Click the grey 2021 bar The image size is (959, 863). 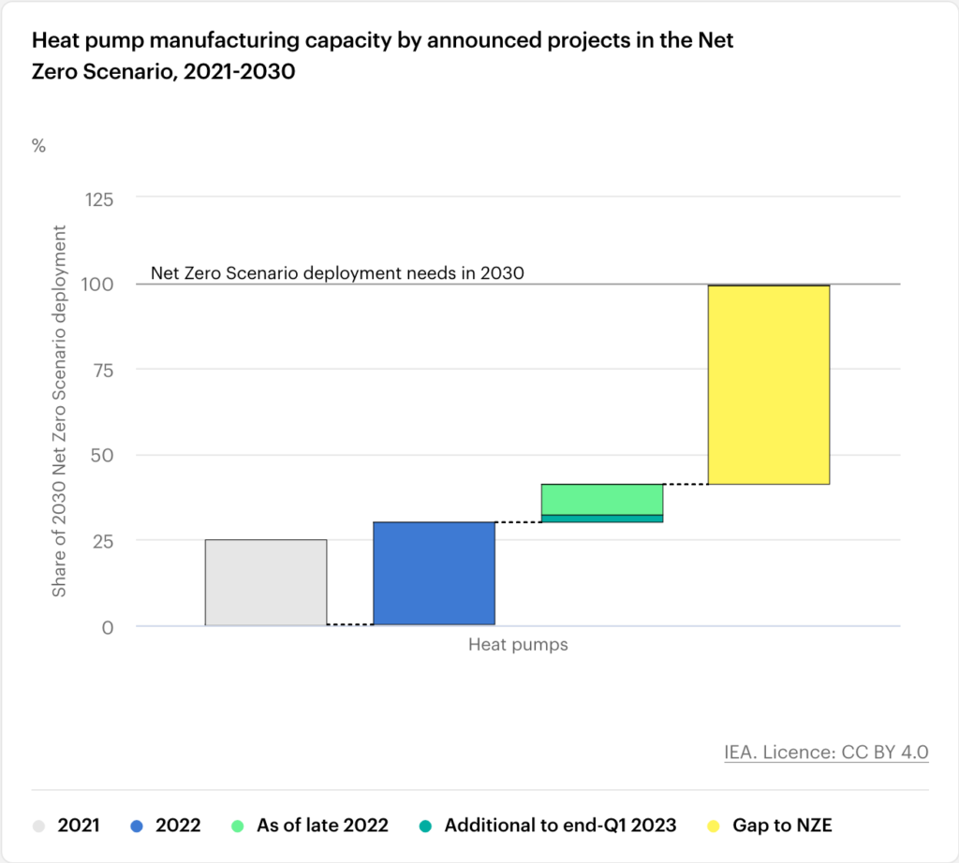point(266,582)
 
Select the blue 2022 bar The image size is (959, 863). point(434,573)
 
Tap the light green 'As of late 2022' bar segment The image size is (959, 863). point(602,499)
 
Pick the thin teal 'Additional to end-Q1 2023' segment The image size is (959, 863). point(602,519)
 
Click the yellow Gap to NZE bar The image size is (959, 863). point(769,385)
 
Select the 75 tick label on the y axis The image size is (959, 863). point(102,370)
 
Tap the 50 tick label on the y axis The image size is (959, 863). point(102,455)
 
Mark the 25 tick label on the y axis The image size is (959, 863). point(102,541)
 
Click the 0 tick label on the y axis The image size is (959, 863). point(108,627)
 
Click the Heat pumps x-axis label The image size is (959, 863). point(518,645)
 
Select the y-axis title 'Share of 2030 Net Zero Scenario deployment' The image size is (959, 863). point(60,411)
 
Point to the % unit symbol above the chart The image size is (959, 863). point(38,146)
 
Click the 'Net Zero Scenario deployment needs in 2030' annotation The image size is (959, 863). point(336,273)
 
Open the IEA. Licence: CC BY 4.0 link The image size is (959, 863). point(826,752)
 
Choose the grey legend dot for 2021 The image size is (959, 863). point(38,826)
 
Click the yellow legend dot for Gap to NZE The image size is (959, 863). point(715,826)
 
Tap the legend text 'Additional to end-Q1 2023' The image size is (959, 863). point(560,826)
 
